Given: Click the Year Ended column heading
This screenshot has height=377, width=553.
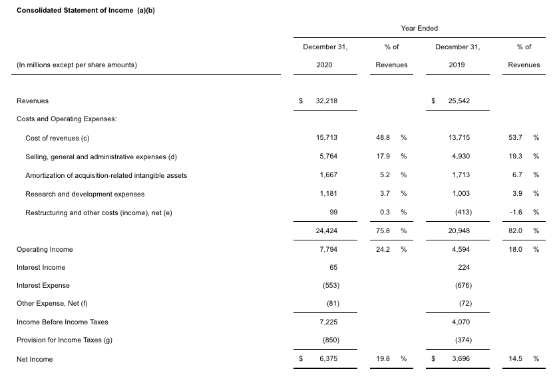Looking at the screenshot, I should (419, 28).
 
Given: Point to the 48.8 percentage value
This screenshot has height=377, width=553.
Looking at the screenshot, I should (383, 138).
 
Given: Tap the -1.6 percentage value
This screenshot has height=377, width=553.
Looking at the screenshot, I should (515, 212).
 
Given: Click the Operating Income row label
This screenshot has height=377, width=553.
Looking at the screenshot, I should (45, 249).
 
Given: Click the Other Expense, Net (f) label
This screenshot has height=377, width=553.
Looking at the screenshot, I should (52, 304).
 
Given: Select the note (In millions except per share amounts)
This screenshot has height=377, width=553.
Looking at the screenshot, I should (77, 65).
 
